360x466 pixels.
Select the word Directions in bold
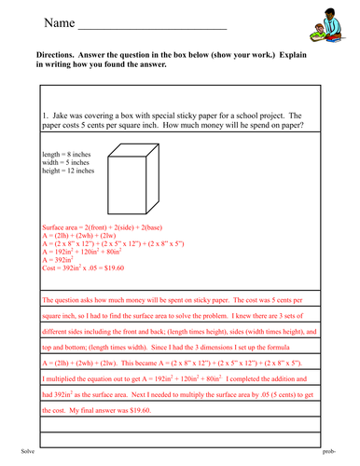(55, 55)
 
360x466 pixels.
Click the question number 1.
(45, 111)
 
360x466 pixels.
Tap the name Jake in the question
(61, 111)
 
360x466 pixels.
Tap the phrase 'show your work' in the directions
(251, 55)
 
